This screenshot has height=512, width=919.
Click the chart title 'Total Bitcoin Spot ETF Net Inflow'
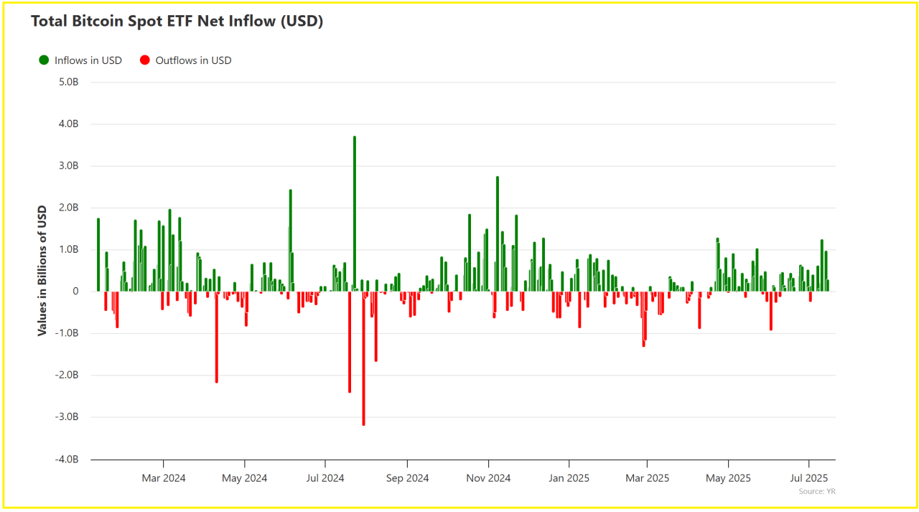point(177,22)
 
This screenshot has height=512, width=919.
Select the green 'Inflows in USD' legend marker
point(44,60)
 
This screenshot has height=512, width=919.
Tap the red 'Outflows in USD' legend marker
point(145,60)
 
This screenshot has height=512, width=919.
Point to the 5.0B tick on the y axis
point(67,82)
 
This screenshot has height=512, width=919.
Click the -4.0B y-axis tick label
point(66,459)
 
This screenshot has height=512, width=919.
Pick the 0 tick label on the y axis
point(75,292)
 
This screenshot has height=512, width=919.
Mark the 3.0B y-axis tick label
point(67,166)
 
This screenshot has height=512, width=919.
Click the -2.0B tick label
point(66,375)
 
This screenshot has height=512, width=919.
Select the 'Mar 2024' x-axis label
point(164,478)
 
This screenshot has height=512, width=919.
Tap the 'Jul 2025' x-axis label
point(809,478)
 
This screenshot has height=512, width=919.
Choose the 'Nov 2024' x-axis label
point(488,478)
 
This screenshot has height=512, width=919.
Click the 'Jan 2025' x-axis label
point(569,478)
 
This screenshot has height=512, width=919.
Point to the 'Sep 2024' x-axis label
point(407,478)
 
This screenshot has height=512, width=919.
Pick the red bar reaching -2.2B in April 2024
point(216,337)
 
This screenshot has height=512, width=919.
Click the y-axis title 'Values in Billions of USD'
point(42,270)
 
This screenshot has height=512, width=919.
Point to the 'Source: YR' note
point(817,492)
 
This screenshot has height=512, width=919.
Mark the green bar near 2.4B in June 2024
point(291,241)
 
